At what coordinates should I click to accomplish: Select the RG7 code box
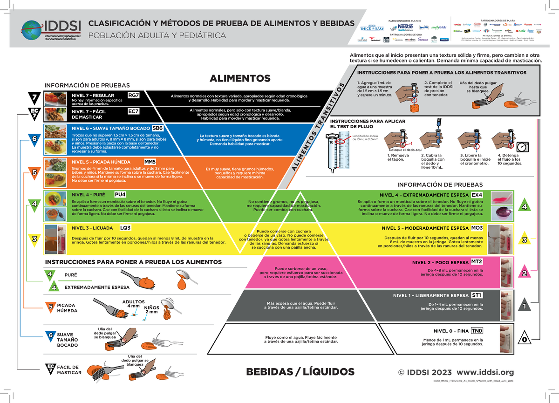[134, 96]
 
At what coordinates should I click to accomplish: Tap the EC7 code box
[134, 111]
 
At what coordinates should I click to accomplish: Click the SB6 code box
[158, 128]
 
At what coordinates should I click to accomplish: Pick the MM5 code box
[150, 162]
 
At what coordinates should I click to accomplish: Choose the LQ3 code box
[125, 228]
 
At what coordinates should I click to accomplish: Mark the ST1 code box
[477, 295]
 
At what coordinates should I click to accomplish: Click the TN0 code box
[477, 331]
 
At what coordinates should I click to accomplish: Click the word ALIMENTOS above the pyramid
[240, 78]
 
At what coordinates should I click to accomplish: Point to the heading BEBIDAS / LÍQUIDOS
[300, 372]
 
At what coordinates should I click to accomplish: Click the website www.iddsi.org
[485, 372]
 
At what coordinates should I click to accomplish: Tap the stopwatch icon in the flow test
[524, 146]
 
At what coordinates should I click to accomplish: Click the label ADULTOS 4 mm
[133, 304]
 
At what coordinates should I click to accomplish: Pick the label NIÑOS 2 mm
[151, 310]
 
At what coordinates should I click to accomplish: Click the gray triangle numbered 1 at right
[525, 305]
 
